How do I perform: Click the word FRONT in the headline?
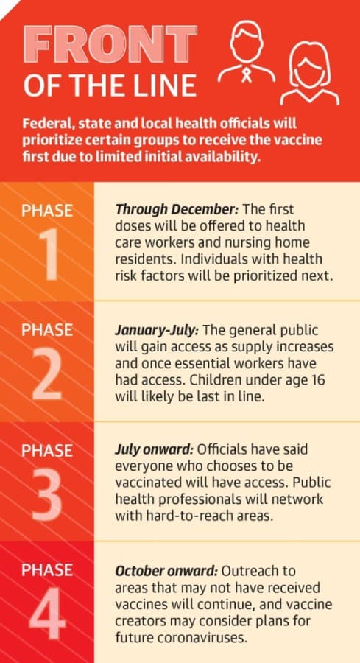[x=110, y=44]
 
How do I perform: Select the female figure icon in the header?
[x=310, y=72]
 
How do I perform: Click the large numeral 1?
[x=50, y=255]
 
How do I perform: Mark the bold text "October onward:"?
[x=166, y=570]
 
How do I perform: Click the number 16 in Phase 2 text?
[x=317, y=380]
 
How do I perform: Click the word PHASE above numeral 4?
[x=47, y=570]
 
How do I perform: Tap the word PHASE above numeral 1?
[x=47, y=210]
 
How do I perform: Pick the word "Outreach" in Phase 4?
[x=258, y=570]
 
